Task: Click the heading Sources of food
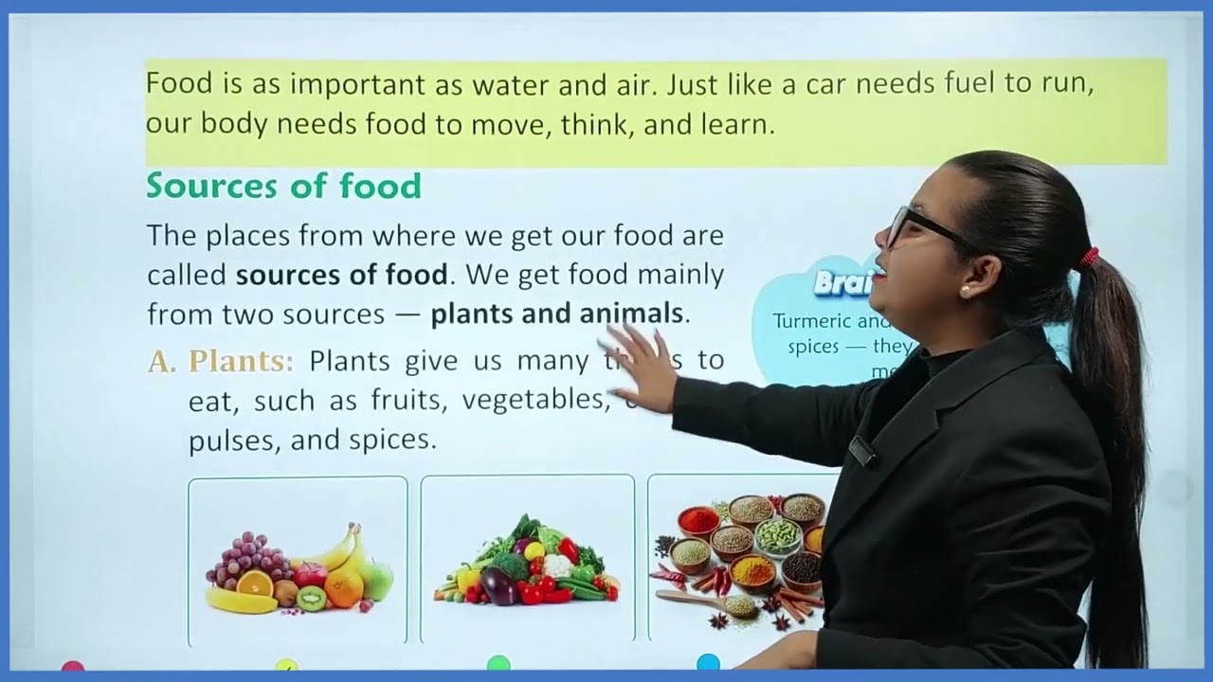point(283,186)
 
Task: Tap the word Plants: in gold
point(241,361)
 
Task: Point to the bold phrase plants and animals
point(556,314)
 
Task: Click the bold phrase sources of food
point(341,275)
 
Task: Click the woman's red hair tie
point(1090,257)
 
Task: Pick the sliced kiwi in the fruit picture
point(311,598)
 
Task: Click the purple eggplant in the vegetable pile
point(498,586)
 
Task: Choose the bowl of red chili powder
point(699,520)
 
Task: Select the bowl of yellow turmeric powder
point(752,570)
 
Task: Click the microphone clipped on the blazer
point(861,451)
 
